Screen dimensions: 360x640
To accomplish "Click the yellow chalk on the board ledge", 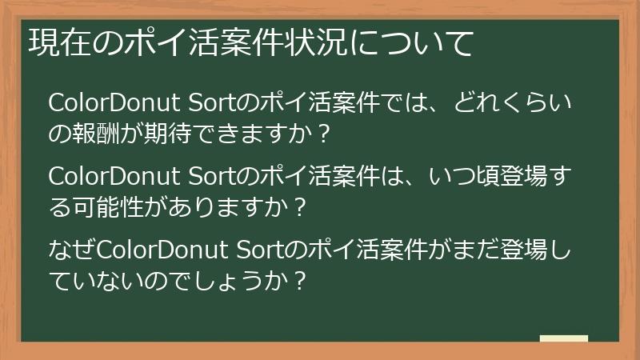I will [x=563, y=339].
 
